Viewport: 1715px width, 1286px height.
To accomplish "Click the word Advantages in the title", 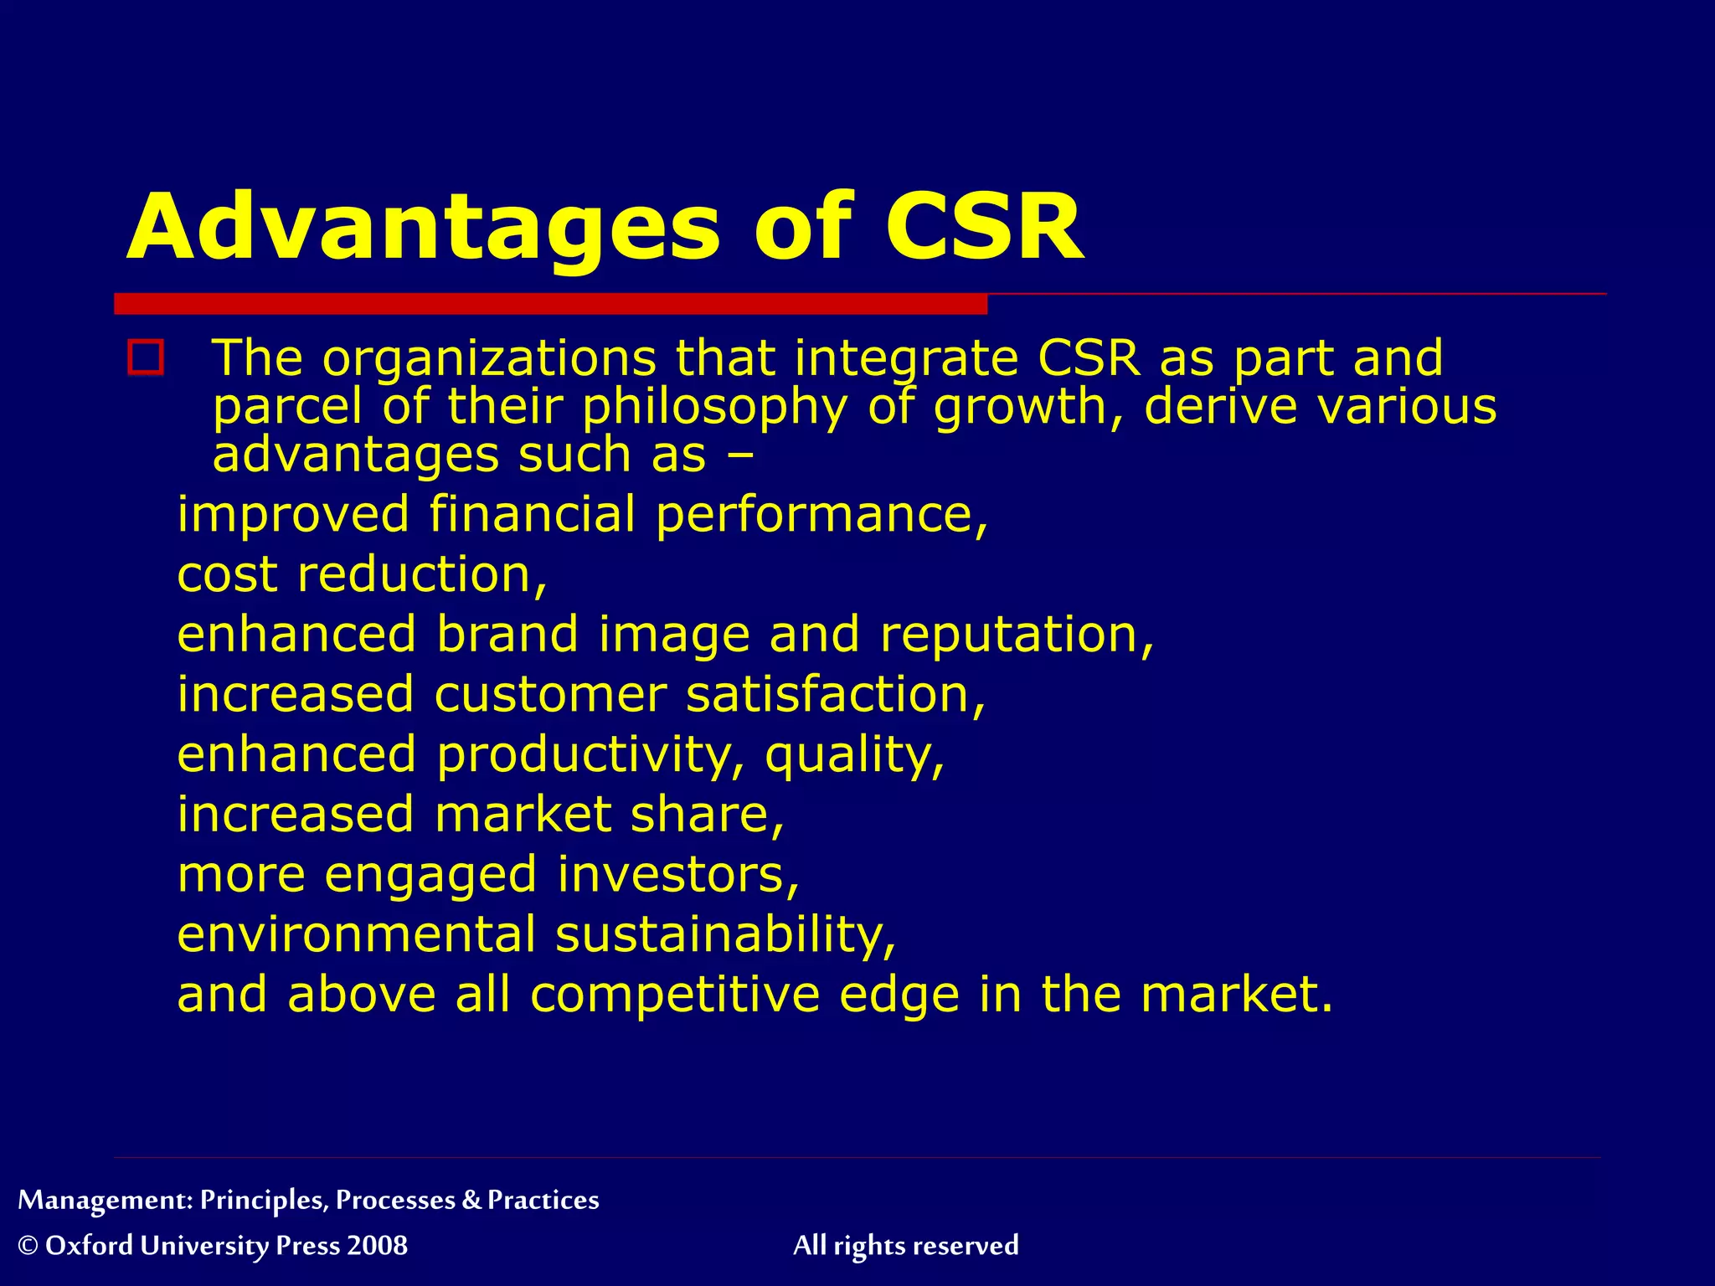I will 423,228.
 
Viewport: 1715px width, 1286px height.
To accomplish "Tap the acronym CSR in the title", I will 984,228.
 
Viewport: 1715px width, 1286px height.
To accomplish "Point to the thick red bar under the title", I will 550,304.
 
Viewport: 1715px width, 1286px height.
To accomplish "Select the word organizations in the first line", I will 490,358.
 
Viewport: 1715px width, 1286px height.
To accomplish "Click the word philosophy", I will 714,408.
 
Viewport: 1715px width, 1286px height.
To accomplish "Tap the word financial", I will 533,514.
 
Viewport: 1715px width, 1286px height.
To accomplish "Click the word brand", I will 507,635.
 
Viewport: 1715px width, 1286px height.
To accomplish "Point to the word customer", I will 550,695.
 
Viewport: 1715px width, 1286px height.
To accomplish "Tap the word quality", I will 854,755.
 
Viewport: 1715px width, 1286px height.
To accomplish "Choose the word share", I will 707,815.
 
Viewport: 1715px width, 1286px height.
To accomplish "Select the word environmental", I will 356,934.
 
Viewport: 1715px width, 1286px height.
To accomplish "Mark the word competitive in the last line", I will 675,995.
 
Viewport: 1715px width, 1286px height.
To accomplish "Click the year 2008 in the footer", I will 377,1246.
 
